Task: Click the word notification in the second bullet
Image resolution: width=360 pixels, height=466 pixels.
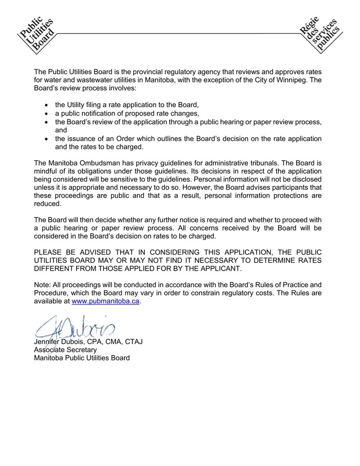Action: tap(103, 113)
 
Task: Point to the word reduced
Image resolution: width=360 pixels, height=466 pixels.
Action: tap(47, 203)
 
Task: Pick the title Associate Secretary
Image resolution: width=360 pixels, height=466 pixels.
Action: tap(65, 350)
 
